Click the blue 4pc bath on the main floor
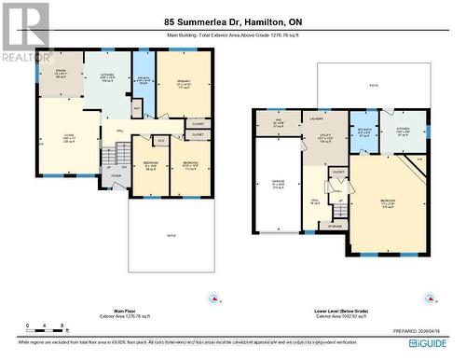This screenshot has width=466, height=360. [142, 80]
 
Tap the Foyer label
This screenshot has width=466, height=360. [115, 173]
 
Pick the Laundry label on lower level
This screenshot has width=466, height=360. [316, 118]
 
